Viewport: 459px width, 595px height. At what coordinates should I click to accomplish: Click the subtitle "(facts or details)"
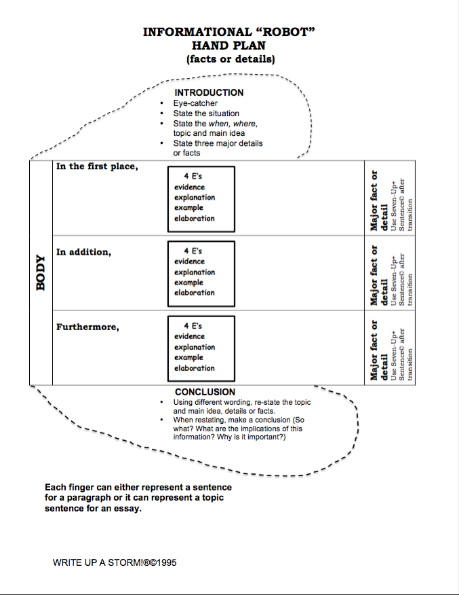(230, 59)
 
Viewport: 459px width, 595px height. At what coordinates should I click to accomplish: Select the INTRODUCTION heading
(209, 92)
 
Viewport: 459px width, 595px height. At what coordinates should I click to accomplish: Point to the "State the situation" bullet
(206, 113)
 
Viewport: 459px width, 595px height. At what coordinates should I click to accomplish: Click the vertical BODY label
(41, 272)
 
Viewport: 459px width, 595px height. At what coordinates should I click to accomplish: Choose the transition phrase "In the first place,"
(97, 167)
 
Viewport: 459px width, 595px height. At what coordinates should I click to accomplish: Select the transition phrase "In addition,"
(83, 252)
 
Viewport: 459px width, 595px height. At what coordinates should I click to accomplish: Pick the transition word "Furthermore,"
(87, 327)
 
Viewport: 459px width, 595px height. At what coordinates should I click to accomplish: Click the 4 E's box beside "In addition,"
(201, 274)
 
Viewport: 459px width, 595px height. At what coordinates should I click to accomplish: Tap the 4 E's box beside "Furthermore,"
(201, 348)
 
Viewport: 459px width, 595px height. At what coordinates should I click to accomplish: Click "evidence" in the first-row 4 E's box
(189, 187)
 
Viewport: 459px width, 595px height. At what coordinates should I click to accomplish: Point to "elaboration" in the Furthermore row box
(194, 368)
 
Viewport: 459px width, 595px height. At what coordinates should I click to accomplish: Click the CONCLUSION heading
(205, 392)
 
